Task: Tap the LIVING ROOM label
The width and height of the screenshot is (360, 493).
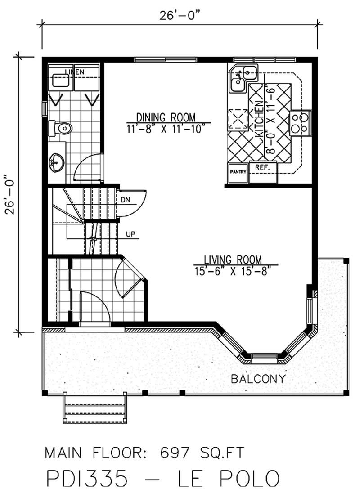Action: [x=233, y=259]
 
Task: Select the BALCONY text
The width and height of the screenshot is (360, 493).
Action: [x=258, y=379]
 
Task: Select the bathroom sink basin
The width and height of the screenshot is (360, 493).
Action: [x=57, y=161]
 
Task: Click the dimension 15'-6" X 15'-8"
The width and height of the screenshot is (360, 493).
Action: [x=233, y=271]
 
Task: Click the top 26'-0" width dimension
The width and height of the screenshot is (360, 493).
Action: [x=179, y=15]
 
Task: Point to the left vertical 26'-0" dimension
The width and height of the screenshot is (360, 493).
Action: [x=10, y=195]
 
